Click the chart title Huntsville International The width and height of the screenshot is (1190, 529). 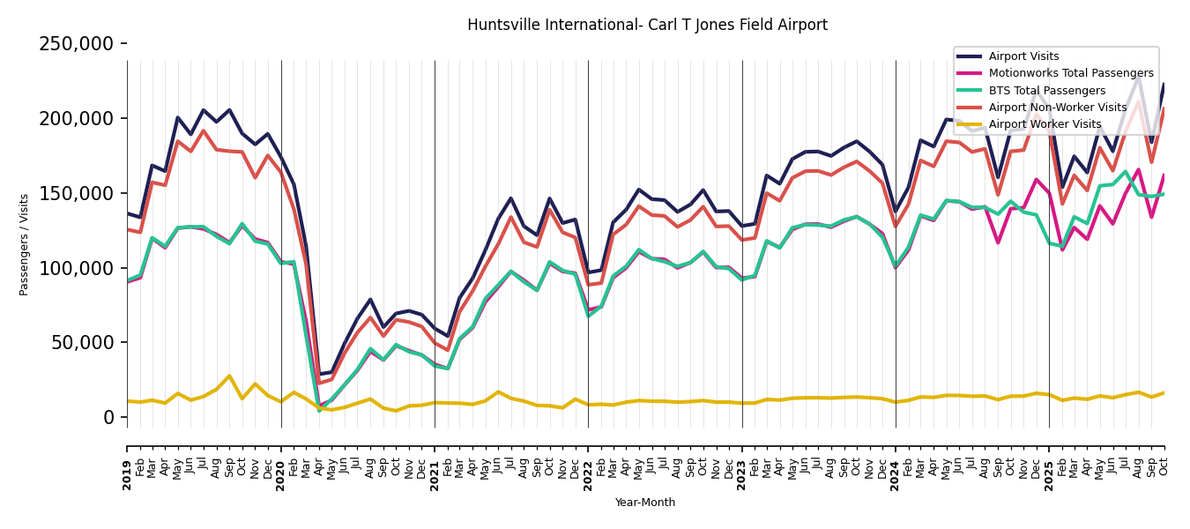(x=647, y=25)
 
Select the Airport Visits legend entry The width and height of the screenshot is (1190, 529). (x=1023, y=56)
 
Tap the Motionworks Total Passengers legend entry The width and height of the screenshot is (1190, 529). (x=1070, y=73)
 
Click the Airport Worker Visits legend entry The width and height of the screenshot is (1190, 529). (x=1045, y=124)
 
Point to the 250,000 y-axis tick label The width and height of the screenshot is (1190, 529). (x=77, y=44)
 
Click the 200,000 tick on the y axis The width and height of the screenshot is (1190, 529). (x=77, y=118)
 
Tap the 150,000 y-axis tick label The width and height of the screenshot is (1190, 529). (x=77, y=193)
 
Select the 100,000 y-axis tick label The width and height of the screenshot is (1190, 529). (x=77, y=268)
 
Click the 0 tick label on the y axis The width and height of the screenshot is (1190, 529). (x=108, y=417)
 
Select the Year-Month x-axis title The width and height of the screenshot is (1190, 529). (x=645, y=503)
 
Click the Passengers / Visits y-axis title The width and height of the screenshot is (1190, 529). (x=25, y=244)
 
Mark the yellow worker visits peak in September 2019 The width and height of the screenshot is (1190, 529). (x=229, y=376)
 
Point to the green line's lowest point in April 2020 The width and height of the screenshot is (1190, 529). (x=319, y=411)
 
